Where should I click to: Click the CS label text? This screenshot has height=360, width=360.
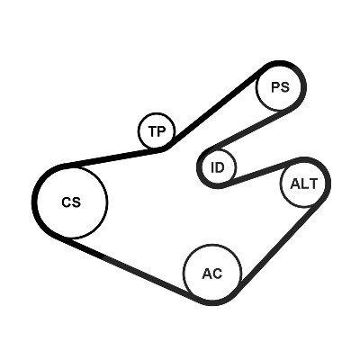pos(71,202)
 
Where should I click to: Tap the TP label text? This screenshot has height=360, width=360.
pos(157,131)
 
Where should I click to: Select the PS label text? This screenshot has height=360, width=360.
pos(280,87)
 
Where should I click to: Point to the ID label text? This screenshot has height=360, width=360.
pos(218,167)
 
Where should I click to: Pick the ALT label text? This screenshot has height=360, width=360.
pos(303,184)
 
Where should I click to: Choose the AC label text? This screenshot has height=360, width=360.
pos(212,274)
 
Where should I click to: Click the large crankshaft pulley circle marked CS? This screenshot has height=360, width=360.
pos(107,202)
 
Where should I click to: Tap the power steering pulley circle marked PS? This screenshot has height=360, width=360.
pos(256,87)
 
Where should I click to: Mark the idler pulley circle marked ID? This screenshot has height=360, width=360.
pos(236,167)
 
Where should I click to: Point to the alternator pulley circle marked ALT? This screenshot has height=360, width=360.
pos(281,184)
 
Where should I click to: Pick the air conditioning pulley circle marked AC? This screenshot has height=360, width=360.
pos(184,273)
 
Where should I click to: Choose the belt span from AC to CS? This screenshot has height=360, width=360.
pos(129,268)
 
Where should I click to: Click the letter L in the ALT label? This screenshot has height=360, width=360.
pos(305,184)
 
